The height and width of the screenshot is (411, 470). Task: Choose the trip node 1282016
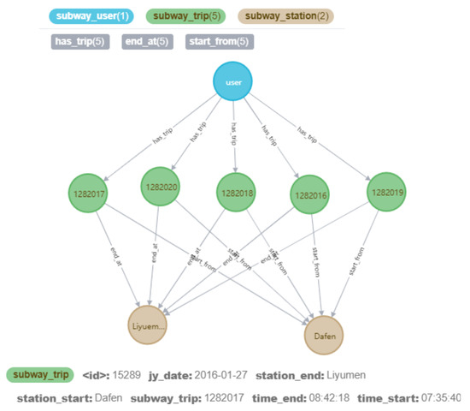[311, 195]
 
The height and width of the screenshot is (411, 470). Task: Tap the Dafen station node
[325, 336]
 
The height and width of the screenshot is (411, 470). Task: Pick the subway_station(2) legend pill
[285, 15]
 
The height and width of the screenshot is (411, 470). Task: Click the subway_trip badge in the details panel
[39, 374]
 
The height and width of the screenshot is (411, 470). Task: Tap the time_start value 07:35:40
[438, 398]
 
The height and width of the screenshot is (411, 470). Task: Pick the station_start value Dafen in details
[103, 398]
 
